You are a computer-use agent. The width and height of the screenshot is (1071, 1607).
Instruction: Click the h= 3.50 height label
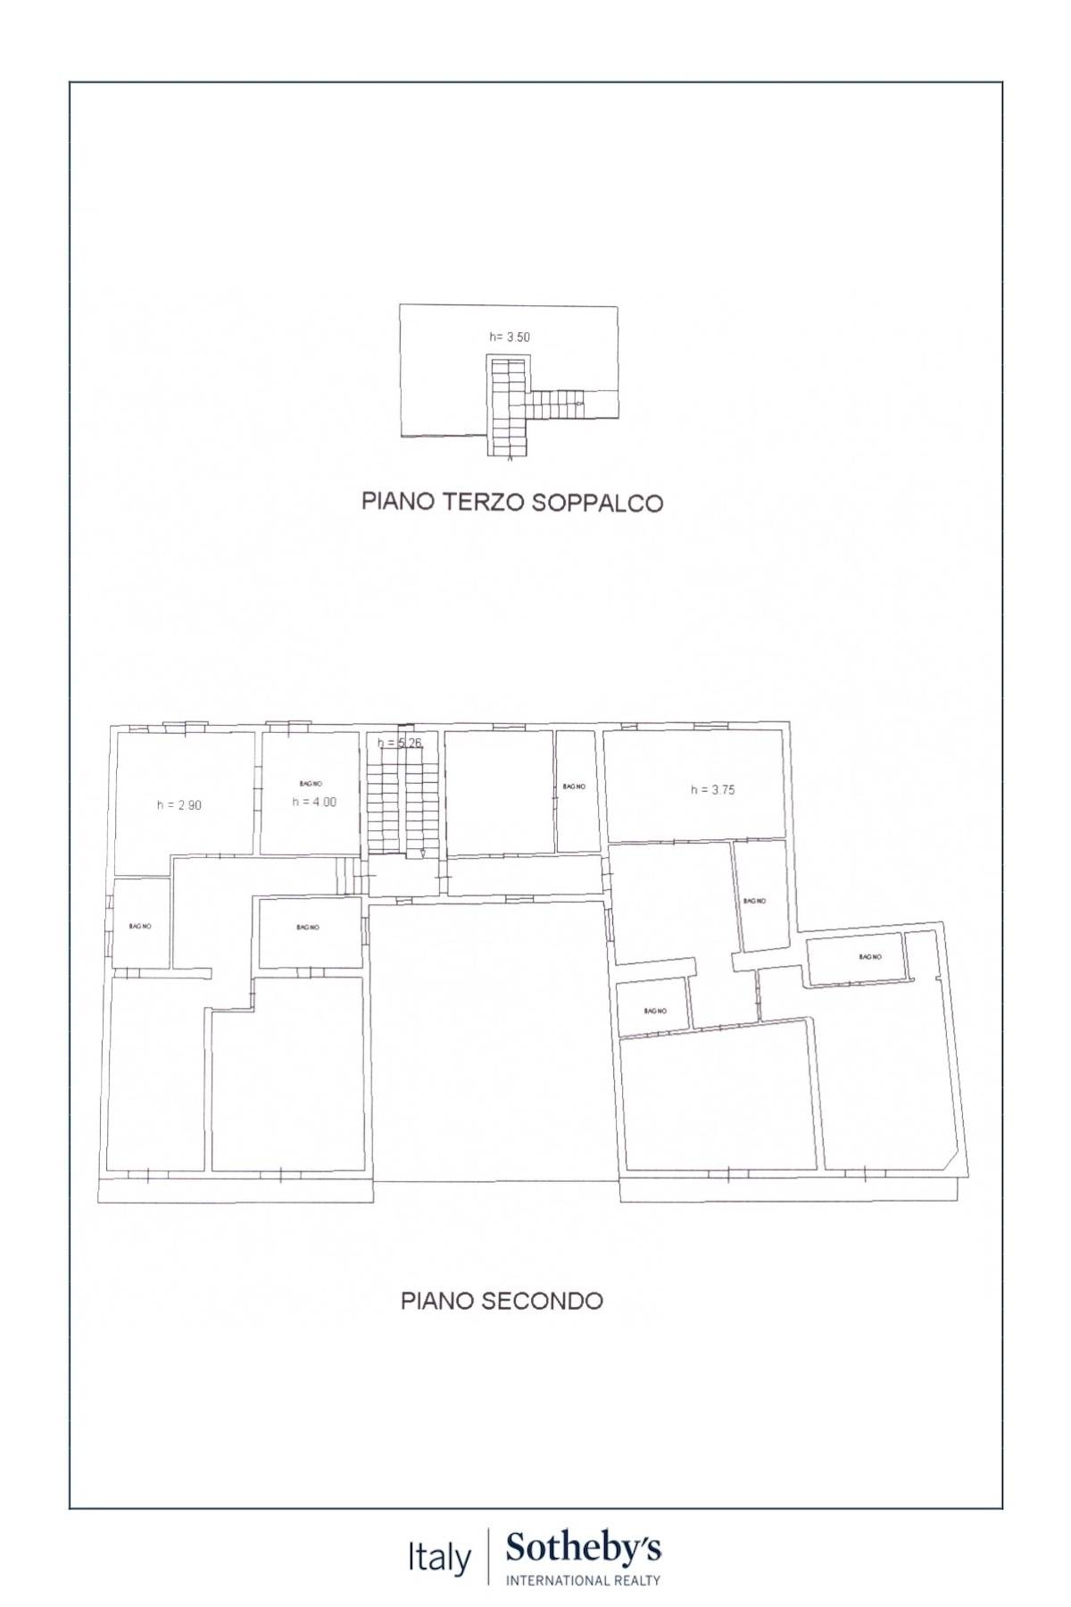510,337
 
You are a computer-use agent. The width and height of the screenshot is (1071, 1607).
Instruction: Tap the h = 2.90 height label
179,804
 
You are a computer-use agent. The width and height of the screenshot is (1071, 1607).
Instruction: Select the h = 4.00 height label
314,802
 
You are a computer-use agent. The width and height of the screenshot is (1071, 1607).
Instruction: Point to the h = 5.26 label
399,743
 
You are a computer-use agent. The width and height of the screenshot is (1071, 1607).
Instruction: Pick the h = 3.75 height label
713,789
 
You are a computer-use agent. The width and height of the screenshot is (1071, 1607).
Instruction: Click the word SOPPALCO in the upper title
597,503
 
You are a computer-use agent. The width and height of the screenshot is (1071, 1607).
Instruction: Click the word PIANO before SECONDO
437,1301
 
